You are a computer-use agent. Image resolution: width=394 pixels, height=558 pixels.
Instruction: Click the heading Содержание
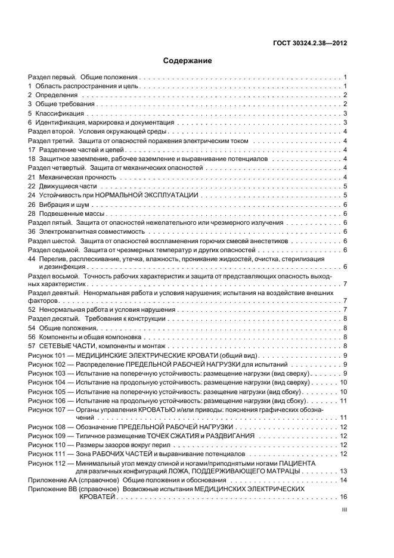coord(188,61)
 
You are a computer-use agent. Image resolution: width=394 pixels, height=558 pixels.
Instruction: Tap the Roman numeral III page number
coord(344,510)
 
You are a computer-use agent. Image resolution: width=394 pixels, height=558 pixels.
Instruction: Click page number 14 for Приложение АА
coord(344,480)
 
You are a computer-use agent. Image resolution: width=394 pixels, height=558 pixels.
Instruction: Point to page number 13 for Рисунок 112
coord(344,471)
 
